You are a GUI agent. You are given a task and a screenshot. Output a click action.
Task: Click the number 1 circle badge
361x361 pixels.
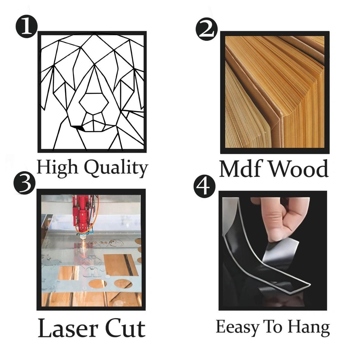[x=26, y=26]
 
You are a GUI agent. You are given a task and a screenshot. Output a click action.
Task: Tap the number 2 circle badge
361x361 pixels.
[x=206, y=29]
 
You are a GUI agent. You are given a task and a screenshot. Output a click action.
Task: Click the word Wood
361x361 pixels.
[x=299, y=168]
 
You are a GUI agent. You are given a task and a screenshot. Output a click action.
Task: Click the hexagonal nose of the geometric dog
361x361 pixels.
[x=94, y=103]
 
